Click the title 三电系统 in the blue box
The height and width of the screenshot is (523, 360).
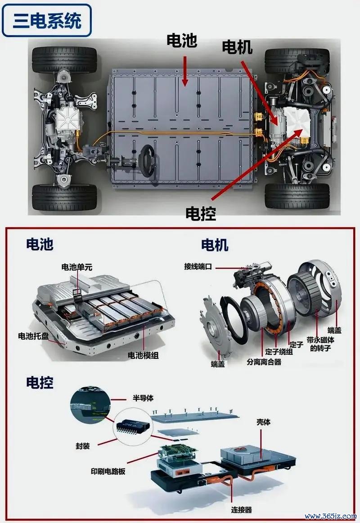point(47,20)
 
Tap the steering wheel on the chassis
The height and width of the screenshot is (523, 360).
point(147,160)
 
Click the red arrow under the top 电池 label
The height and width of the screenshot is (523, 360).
point(184,72)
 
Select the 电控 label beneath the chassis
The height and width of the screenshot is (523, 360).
point(201,214)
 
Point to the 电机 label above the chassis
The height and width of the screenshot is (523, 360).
point(237,47)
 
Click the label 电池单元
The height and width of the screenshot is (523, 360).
point(77,267)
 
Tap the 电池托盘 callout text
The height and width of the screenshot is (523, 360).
point(33,336)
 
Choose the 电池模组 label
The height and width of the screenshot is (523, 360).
point(143,355)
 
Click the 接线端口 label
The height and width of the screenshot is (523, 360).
point(198,267)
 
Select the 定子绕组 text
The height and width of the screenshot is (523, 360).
point(279,352)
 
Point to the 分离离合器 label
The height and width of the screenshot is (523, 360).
point(264,362)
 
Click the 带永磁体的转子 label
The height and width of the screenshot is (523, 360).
point(320,344)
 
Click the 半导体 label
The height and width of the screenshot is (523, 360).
point(143,398)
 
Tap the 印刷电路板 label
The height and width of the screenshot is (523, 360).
point(108,471)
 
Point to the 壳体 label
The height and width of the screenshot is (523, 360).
point(264,422)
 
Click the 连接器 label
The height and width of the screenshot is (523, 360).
point(242,510)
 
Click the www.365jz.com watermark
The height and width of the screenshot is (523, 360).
point(330,516)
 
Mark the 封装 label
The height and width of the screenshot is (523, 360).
point(83,446)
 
